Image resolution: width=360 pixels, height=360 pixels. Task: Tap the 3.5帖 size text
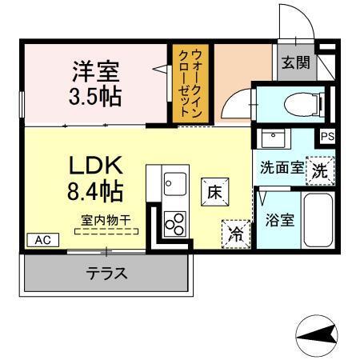[x=96, y=97]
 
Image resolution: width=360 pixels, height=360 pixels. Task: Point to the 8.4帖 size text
[x=94, y=193]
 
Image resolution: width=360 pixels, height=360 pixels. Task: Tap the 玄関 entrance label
[x=295, y=63]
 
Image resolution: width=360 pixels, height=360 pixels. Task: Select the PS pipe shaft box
[x=326, y=137]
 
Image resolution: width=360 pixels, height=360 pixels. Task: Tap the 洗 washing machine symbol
[x=319, y=170]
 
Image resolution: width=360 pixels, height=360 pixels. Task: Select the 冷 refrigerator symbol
[x=236, y=233]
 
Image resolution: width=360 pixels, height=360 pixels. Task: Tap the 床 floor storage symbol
[x=214, y=191]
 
